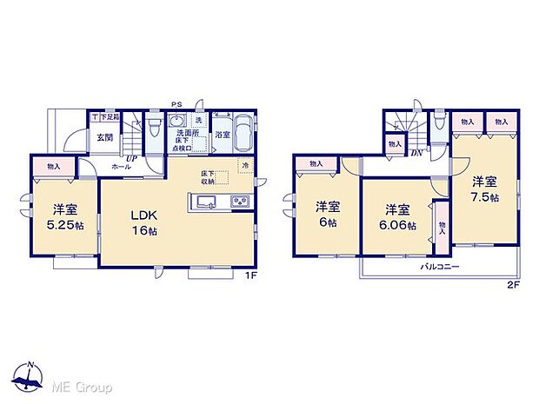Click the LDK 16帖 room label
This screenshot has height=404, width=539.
click(143, 222)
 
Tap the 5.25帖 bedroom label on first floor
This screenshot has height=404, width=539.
click(63, 215)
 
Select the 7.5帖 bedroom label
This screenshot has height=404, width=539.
click(484, 189)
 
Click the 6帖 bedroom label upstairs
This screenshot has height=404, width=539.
click(327, 213)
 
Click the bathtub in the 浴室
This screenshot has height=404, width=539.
click(242, 135)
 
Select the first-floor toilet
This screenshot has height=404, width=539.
click(154, 130)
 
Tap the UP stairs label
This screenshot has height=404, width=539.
click(130, 158)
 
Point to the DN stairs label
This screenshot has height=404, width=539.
click(416, 153)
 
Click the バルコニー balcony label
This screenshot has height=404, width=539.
click(441, 268)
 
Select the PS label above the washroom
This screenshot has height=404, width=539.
click(177, 103)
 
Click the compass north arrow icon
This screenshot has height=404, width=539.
click(30, 375)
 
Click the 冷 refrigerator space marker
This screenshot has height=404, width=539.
click(246, 165)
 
